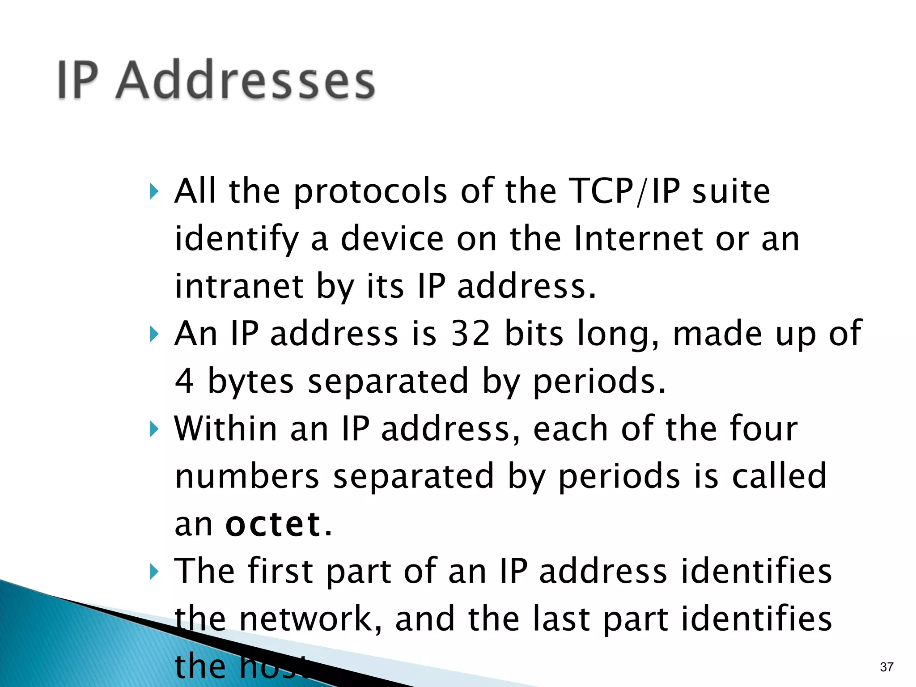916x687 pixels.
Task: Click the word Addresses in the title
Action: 245,81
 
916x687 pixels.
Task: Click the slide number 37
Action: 886,667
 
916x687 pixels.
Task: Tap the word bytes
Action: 251,382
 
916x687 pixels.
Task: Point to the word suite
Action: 731,191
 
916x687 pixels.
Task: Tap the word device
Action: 392,239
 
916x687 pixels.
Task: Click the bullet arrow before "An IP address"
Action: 154,334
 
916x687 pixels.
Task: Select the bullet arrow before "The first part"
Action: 154,572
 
